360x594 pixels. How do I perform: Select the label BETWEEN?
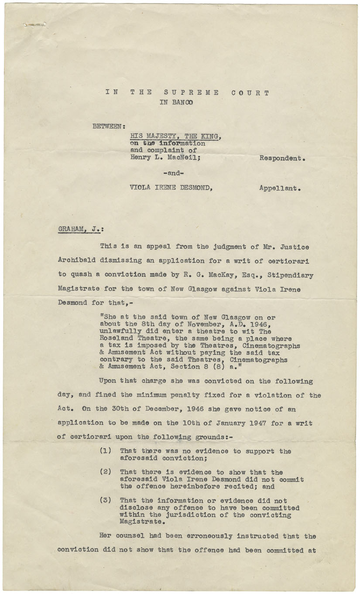tap(109, 127)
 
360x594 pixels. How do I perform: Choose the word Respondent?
tap(281, 158)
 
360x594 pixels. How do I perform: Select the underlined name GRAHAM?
tap(71, 228)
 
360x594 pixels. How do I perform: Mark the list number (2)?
tap(106, 472)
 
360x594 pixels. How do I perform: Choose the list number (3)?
tap(106, 501)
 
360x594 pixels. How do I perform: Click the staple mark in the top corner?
tap(35, 25)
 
